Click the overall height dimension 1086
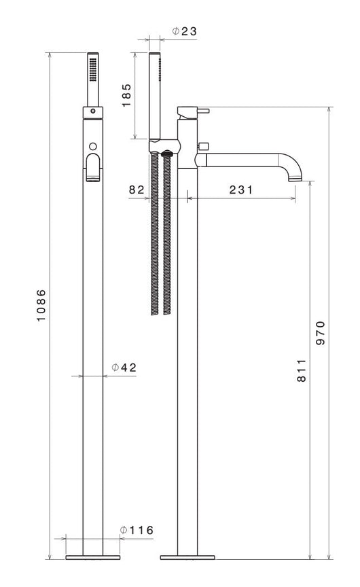point(41,306)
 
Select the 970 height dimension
point(321,333)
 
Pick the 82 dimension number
point(137,190)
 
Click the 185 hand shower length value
point(126,96)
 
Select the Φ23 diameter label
point(183,31)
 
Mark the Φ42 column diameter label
point(124,368)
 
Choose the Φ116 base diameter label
point(137,530)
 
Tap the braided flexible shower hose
point(161,234)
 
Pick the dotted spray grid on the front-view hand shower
point(92,67)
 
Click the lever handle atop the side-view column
point(193,110)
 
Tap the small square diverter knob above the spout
point(202,145)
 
